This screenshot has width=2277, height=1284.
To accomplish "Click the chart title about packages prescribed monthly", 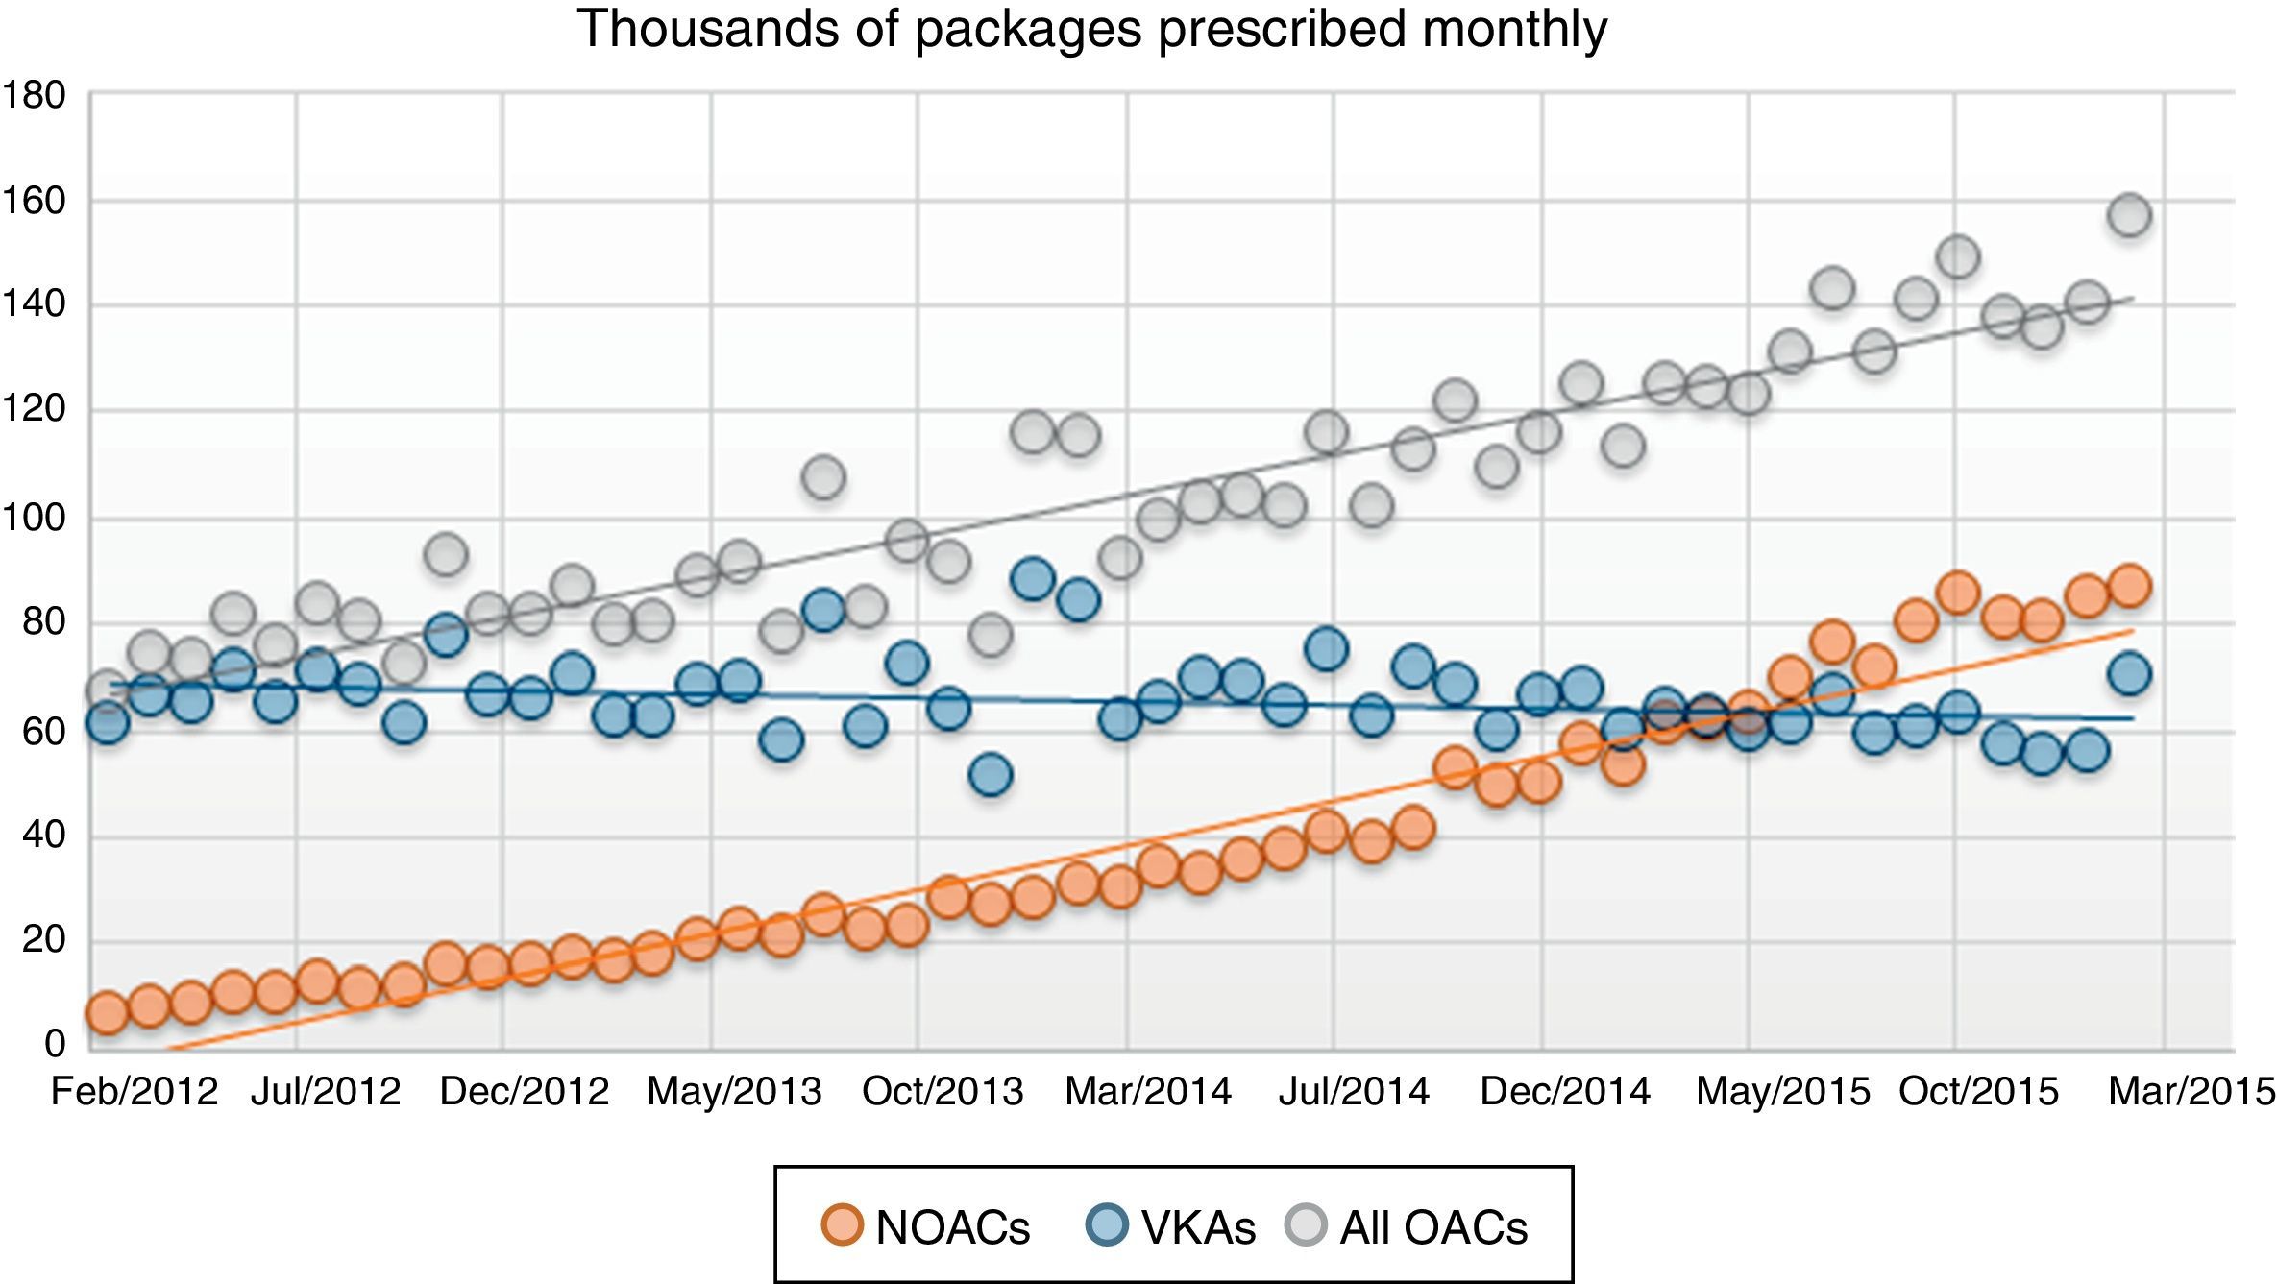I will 1091,29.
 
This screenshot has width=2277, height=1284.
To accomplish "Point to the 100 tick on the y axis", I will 35,519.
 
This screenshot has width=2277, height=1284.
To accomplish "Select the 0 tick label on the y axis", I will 55,1043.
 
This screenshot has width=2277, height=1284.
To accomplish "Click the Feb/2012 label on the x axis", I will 135,1092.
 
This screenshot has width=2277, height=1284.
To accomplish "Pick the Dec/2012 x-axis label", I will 525,1092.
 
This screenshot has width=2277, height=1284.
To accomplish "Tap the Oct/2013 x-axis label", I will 943,1092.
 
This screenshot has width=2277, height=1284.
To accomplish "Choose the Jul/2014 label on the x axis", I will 1354,1092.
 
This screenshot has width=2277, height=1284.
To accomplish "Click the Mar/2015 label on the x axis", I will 2191,1092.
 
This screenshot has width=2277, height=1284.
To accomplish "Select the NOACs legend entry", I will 926,1226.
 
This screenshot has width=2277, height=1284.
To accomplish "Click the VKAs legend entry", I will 1172,1226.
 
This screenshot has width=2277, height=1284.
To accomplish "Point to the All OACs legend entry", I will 1408,1226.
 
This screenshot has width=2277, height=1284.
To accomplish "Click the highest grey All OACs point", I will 2129,214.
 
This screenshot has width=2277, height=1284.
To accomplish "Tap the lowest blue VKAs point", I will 991,774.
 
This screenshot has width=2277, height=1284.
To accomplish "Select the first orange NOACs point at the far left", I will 107,1013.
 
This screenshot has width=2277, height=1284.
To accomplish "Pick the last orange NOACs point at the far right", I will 2129,586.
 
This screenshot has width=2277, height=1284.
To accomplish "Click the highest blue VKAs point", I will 1033,579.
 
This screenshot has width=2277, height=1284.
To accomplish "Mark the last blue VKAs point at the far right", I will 2129,674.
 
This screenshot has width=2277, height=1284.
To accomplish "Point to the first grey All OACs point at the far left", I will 107,690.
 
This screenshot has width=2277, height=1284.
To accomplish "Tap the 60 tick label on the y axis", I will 44,732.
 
